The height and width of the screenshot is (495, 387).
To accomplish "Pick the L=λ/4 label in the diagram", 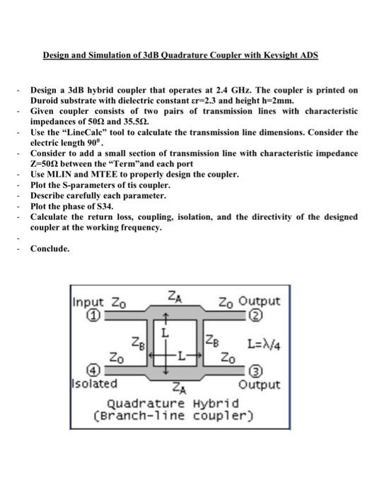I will point(264,345).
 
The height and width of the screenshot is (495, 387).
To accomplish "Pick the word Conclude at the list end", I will point(50,248).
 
